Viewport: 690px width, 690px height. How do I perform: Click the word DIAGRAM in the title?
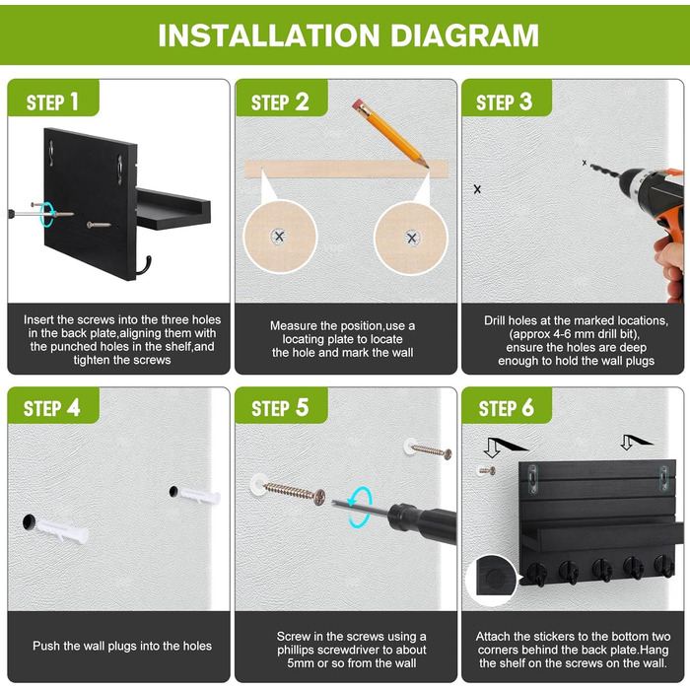point(464,35)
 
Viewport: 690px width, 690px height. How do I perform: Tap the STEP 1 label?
point(52,103)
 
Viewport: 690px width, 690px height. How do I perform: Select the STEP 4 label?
point(52,408)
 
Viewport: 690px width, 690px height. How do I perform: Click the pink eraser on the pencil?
point(358,105)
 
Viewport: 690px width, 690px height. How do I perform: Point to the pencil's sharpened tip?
point(427,167)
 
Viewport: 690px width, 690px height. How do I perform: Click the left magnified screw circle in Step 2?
point(280,237)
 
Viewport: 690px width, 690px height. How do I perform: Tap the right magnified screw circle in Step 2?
point(411,239)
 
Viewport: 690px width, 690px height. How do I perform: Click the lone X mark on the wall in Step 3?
point(477,189)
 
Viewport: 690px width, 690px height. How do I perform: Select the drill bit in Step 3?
point(603,171)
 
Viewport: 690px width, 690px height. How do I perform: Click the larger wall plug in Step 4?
point(61,530)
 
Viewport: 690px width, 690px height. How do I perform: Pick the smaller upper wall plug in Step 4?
point(199,496)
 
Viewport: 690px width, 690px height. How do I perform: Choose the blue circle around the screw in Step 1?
point(46,214)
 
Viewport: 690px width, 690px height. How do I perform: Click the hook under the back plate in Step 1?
point(144,266)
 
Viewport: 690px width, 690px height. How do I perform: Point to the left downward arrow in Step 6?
point(492,448)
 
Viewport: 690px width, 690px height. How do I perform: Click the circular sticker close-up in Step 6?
point(493,580)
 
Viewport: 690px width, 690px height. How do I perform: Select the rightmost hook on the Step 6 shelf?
point(664,566)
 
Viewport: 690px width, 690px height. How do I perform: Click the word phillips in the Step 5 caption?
point(296,650)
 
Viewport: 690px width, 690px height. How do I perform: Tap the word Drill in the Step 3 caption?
point(495,320)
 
